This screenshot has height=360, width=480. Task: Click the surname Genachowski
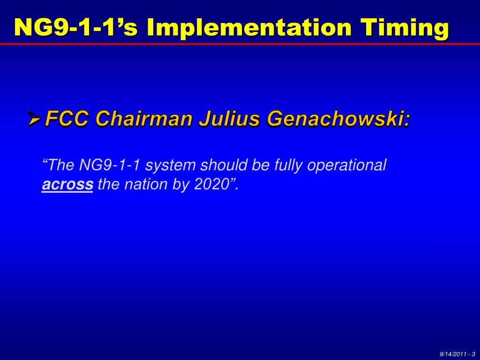338,119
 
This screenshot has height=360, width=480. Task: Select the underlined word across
67,185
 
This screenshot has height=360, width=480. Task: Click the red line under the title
240,44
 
